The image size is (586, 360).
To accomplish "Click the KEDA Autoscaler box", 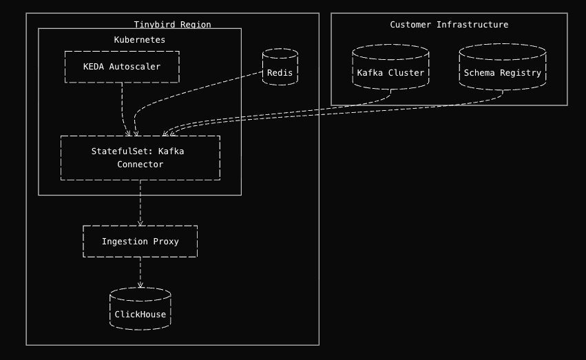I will tap(122, 67).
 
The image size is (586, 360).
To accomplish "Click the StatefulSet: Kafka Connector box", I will tap(140, 158).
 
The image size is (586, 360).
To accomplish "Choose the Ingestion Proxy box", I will tap(140, 241).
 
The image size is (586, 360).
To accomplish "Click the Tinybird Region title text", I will tap(172, 25).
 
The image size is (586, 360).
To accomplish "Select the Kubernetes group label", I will tap(140, 40).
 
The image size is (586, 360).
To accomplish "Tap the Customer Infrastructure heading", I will tap(449, 25).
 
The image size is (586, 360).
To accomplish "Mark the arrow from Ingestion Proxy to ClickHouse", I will tap(140, 272).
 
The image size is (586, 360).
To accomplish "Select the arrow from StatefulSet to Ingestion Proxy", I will tap(140, 202).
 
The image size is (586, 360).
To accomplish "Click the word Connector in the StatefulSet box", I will tap(140, 165).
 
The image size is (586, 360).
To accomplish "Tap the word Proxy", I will tap(165, 241).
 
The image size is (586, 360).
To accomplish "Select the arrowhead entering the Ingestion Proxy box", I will tap(140, 222).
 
